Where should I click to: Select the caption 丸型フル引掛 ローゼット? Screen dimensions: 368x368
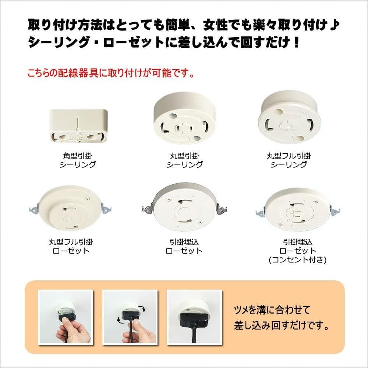tap(72, 247)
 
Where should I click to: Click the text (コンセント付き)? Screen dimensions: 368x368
tap(298, 260)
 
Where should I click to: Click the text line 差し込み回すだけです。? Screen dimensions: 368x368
tap(282, 326)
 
